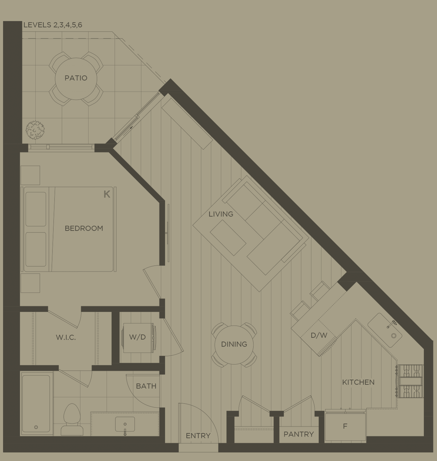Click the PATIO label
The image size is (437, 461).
click(76, 78)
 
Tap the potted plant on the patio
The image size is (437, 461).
click(35, 130)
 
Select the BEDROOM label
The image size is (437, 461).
click(84, 228)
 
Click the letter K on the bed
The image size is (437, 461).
click(107, 194)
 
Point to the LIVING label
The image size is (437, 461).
click(221, 214)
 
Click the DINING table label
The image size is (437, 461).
click(234, 344)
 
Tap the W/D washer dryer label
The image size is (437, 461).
click(137, 337)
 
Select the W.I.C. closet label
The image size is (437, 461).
click(66, 338)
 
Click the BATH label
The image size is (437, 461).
click(146, 386)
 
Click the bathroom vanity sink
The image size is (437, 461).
click(125, 425)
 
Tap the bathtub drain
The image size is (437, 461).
click(36, 427)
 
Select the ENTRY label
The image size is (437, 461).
click(198, 436)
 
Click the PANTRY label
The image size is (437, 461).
click(298, 434)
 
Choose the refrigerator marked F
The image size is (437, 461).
click(345, 426)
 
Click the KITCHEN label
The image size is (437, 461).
click(358, 382)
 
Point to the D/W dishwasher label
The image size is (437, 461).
click(319, 335)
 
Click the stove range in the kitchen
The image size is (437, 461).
click(411, 381)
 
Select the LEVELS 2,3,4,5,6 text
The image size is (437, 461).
click(53, 25)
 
